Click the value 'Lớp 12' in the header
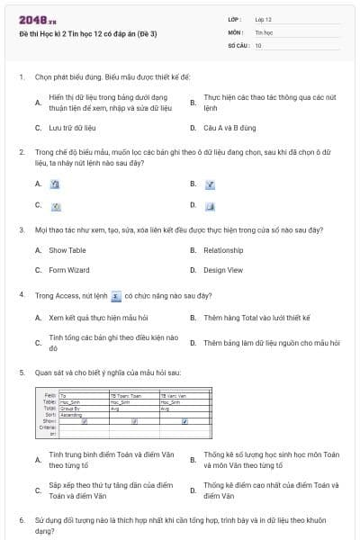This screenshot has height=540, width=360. (x=263, y=19)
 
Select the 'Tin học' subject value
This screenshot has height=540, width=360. (x=263, y=31)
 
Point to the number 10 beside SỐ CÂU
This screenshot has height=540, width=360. (x=258, y=44)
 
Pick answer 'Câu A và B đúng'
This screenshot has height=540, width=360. (x=230, y=128)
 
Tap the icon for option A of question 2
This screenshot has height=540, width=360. (x=54, y=184)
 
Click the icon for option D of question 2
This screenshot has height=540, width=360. (x=208, y=205)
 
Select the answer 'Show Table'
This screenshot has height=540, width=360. (x=67, y=250)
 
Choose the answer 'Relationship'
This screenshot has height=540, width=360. (x=223, y=250)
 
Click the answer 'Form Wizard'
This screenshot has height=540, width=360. (x=69, y=270)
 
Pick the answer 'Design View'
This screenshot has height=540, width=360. (x=223, y=270)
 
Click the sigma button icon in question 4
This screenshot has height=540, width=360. (x=115, y=294)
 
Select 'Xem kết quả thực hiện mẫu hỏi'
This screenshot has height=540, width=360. (x=98, y=318)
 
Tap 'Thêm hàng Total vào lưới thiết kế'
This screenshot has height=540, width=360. (x=256, y=318)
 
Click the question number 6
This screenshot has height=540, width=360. (x=22, y=520)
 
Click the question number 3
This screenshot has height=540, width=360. (x=22, y=230)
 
